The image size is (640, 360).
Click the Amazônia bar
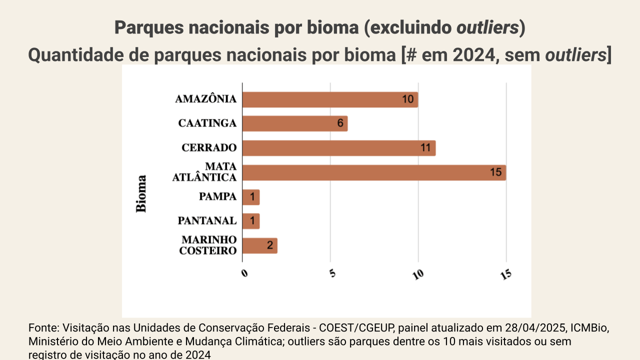click(x=330, y=99)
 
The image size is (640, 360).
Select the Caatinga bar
click(x=295, y=123)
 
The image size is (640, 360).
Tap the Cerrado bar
click(x=339, y=148)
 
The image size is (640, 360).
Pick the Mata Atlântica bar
click(x=374, y=172)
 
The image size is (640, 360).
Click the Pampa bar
click(x=251, y=197)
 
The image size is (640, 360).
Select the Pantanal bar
click(x=251, y=221)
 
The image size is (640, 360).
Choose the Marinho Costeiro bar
click(x=260, y=245)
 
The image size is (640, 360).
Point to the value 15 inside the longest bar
click(x=495, y=172)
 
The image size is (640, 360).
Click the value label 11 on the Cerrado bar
click(x=425, y=148)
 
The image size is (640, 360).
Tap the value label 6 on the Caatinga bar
click(x=340, y=123)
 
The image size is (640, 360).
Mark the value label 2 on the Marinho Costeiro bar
click(x=269, y=245)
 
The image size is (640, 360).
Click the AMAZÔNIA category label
click(x=205, y=99)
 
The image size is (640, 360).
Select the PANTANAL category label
click(x=207, y=221)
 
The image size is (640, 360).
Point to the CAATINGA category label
click(x=207, y=123)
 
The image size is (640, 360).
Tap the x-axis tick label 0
click(x=244, y=273)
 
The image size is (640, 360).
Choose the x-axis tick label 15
click(x=505, y=274)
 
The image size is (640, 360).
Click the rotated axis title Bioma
click(x=141, y=193)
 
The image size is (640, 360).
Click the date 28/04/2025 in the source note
click(x=527, y=328)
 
